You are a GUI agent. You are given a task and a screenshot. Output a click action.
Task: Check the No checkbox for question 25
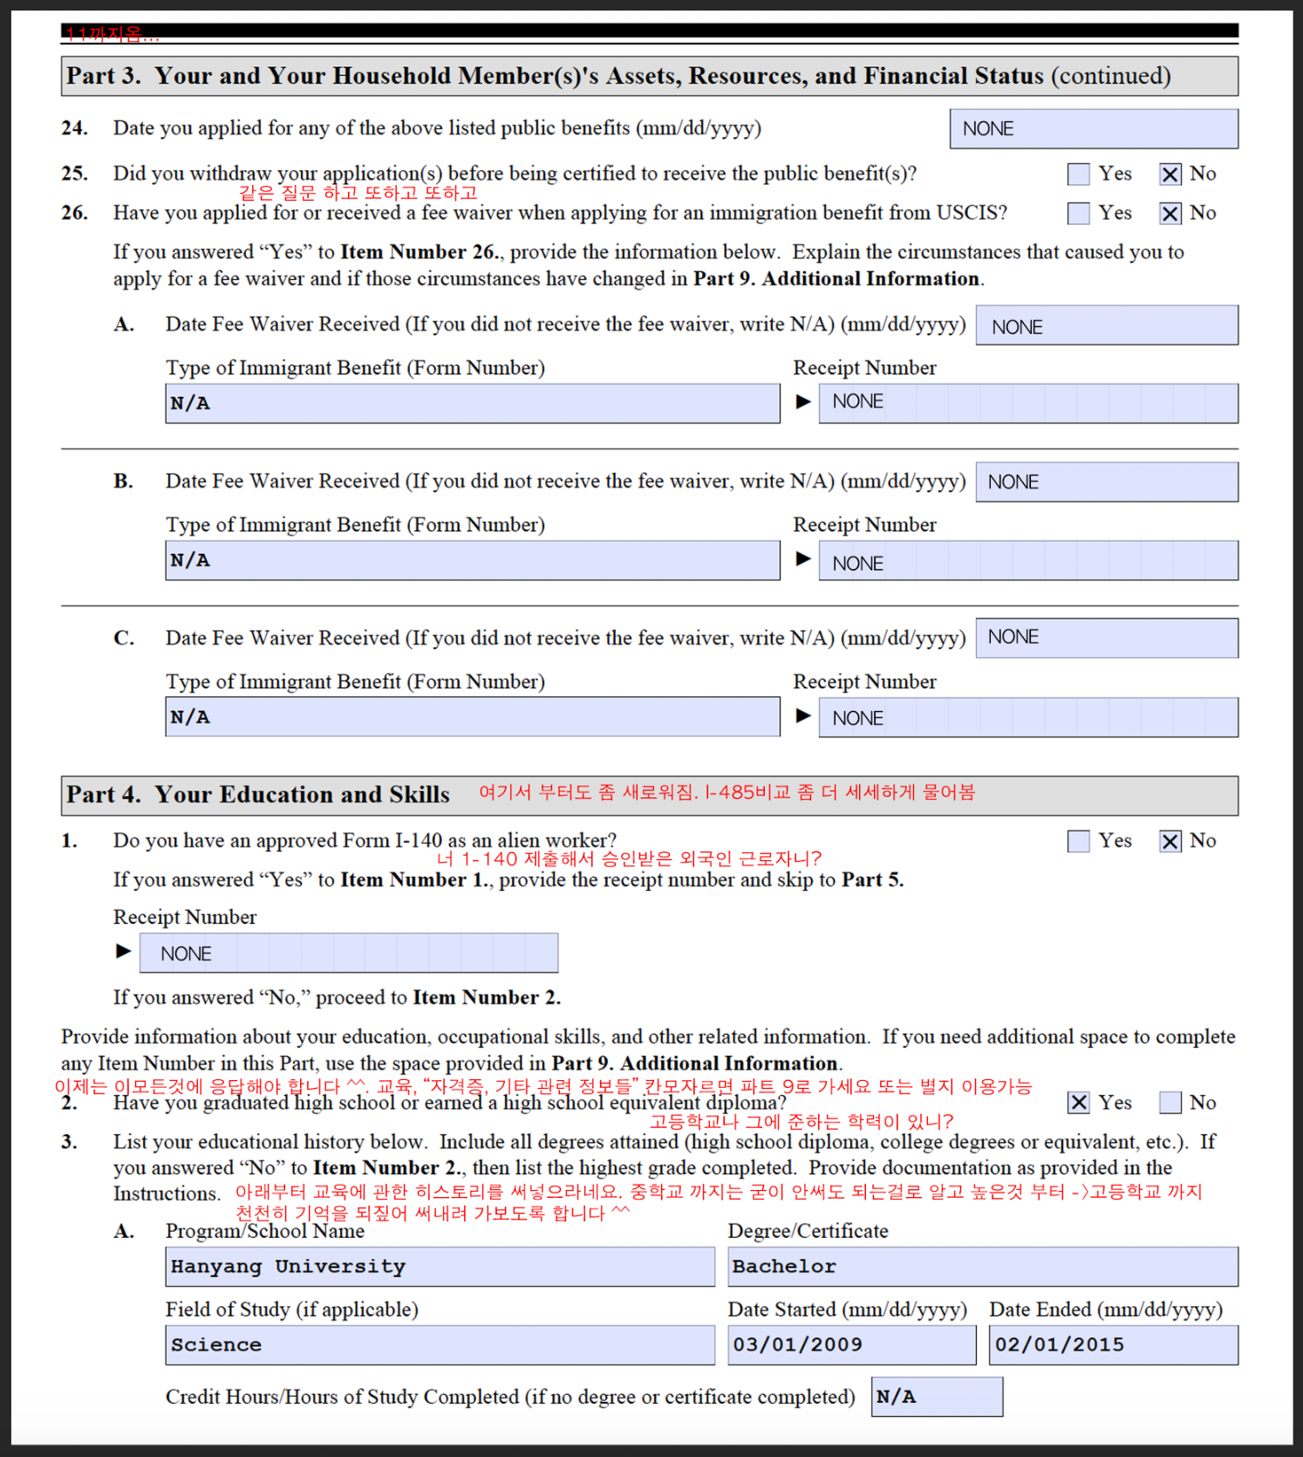1170,174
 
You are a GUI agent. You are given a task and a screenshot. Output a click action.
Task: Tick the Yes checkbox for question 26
1078,214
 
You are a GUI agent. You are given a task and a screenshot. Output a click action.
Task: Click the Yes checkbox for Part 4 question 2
1078,1103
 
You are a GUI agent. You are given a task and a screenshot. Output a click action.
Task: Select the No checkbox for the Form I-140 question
1170,841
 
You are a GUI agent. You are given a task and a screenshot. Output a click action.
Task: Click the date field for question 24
1093,129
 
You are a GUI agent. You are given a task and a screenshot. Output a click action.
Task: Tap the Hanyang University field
440,1267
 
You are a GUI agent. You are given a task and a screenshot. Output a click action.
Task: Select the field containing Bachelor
982,1267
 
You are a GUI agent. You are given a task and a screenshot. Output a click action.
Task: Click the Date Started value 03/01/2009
851,1345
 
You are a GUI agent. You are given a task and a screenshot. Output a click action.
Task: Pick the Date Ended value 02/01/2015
1113,1345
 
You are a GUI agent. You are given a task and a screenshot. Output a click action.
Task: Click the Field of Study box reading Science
440,1345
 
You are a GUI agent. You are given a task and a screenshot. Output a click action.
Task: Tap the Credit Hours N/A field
937,1397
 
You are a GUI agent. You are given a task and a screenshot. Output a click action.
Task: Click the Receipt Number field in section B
1027,561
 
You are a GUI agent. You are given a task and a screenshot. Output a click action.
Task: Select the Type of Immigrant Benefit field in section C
472,717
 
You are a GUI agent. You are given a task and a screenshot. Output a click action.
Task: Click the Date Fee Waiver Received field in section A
1106,325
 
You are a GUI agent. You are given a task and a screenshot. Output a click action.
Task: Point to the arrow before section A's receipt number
803,402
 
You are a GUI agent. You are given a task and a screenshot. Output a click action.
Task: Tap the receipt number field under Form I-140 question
348,954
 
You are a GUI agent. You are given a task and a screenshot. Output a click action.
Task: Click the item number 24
74,128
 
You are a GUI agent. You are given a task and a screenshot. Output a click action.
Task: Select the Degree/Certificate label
808,1231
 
